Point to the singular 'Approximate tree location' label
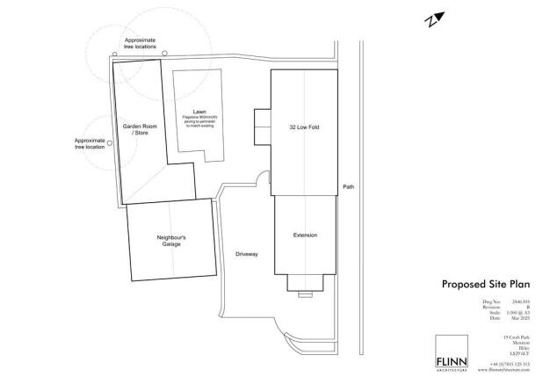click(90, 143)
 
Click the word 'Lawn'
click(200, 112)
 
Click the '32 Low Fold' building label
click(303, 127)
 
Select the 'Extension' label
click(304, 235)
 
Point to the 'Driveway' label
click(247, 255)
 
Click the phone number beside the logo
click(512, 364)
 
